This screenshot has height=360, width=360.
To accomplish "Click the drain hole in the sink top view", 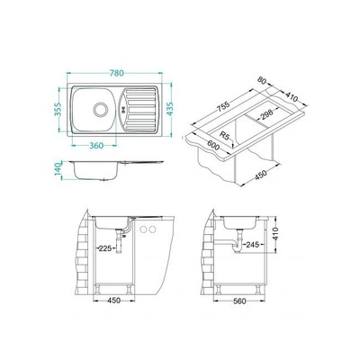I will click(101, 112).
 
